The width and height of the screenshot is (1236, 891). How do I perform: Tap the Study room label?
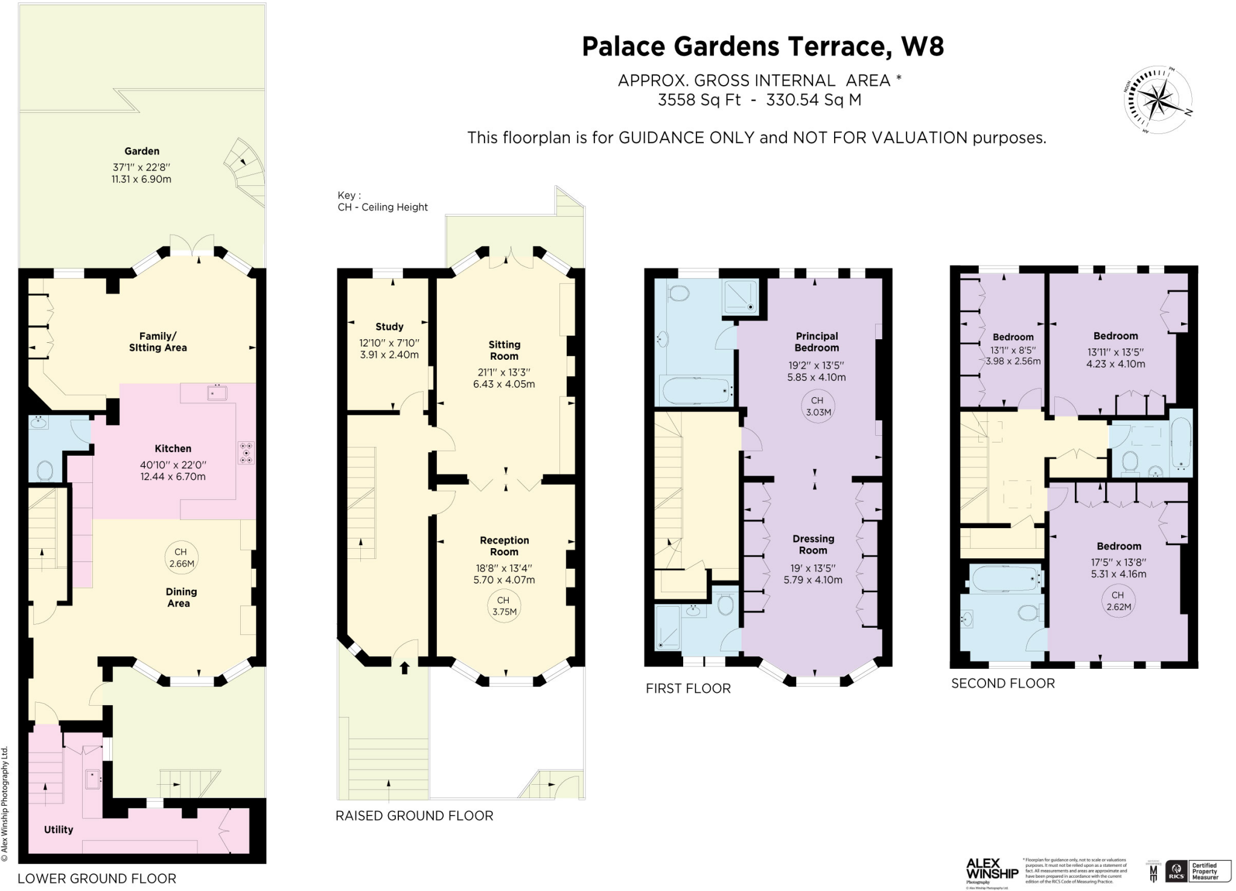389,327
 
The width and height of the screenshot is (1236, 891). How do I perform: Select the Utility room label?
59,829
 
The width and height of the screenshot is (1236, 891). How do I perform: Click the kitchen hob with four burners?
246,453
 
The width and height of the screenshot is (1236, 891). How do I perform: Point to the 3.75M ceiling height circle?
503,605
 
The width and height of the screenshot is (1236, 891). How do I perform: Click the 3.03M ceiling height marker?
817,406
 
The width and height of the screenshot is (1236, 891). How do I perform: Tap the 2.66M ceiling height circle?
180,558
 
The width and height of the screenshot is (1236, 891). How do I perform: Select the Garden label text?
142,152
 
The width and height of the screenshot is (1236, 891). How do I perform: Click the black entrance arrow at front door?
404,667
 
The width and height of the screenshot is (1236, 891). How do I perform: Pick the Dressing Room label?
813,544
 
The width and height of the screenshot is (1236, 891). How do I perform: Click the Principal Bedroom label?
817,342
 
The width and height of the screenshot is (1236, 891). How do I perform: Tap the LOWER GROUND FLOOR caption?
97,878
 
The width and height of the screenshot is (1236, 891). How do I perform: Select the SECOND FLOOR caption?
1003,683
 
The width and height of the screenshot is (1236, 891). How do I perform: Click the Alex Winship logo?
992,870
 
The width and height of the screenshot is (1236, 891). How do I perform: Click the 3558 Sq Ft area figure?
699,100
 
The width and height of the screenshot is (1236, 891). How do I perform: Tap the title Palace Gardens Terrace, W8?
763,46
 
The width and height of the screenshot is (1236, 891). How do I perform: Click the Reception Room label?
504,546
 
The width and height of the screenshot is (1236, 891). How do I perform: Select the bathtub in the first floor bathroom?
696,391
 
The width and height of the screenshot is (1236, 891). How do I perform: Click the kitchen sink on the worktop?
217,393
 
